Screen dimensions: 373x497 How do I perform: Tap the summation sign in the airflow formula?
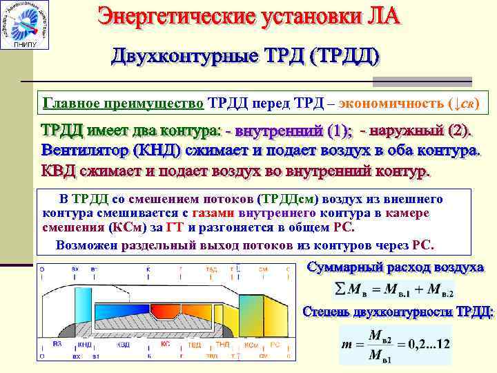tap(340, 288)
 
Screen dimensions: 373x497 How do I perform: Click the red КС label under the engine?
tap(165, 343)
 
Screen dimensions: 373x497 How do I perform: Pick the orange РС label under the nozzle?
tap(274, 343)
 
